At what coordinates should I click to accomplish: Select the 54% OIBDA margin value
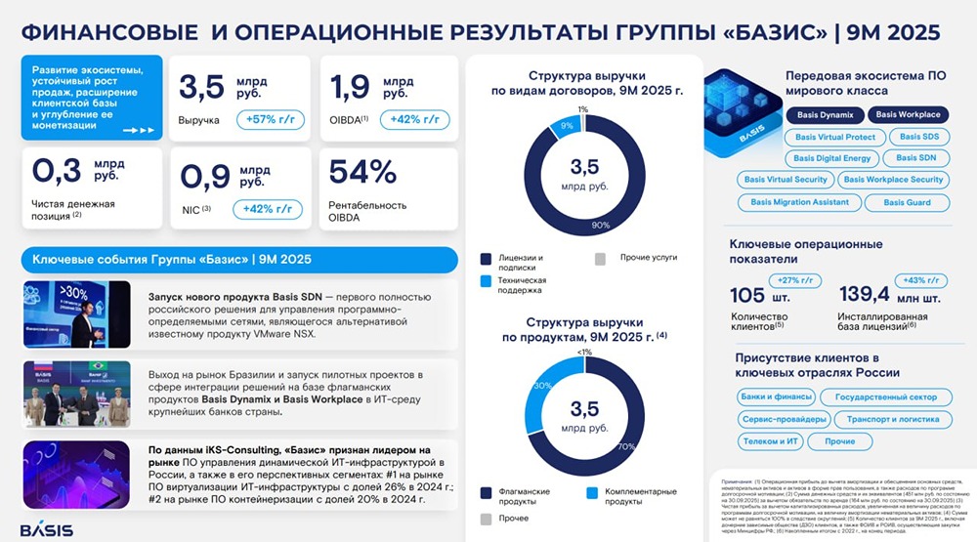coord(362,172)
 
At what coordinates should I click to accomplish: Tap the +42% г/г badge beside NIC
coord(267,208)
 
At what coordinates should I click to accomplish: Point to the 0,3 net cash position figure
coord(58,172)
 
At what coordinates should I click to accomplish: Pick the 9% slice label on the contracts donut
coord(566,126)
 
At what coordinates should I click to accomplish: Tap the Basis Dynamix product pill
coord(823,114)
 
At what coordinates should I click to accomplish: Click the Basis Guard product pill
coord(907,202)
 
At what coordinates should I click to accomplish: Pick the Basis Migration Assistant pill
coord(799,202)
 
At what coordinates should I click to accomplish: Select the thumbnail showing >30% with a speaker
coord(77,314)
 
